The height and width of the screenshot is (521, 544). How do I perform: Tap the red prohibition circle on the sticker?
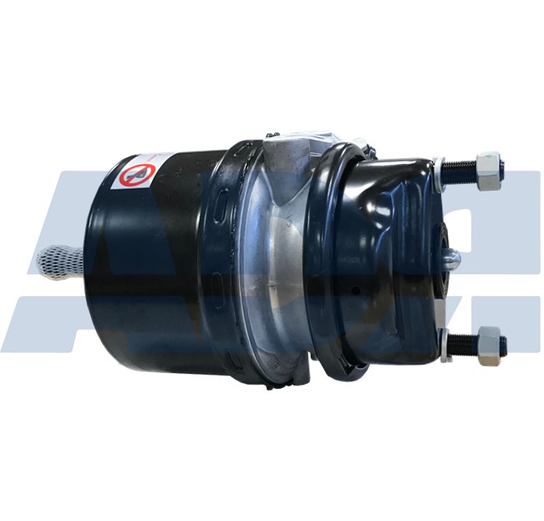(x=136, y=176)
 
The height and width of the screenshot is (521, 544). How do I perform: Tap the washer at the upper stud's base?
(x=440, y=171)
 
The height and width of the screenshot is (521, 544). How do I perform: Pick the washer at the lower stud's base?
(x=445, y=343)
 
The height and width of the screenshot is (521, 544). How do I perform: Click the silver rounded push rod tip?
(x=451, y=259)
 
